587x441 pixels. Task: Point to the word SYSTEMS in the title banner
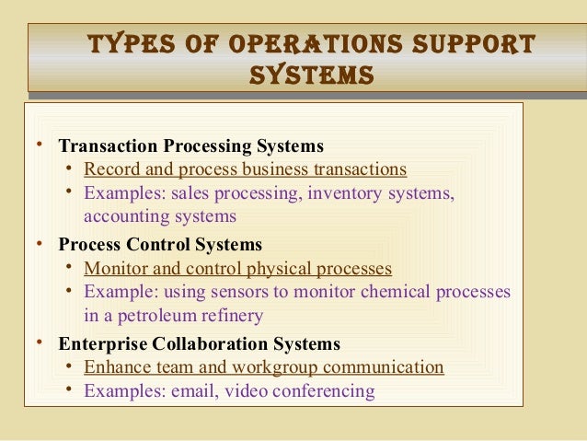pyautogui.click(x=311, y=75)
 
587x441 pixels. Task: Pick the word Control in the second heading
pyautogui.click(x=160, y=245)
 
